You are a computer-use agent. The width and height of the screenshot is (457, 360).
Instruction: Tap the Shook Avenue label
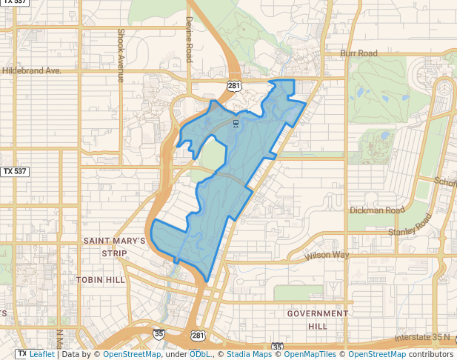coord(120,56)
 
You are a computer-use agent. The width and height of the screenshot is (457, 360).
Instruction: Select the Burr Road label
coord(358,53)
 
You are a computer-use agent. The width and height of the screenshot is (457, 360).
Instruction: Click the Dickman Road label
coord(377,210)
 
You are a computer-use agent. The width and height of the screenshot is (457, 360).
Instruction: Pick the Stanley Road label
coord(410,225)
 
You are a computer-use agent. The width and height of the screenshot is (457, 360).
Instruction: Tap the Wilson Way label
coord(327,256)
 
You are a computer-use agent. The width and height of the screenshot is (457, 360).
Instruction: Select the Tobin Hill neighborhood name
coord(101,280)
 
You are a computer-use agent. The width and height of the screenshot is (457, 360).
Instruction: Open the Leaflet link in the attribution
coord(41,354)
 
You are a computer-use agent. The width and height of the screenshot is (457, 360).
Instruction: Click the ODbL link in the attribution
coord(199,354)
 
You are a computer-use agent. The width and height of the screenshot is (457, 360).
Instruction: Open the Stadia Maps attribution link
coord(249,354)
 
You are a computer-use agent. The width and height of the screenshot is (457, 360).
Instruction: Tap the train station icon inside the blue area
coord(236,124)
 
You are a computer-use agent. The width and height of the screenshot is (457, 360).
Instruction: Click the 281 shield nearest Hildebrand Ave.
coord(234,87)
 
